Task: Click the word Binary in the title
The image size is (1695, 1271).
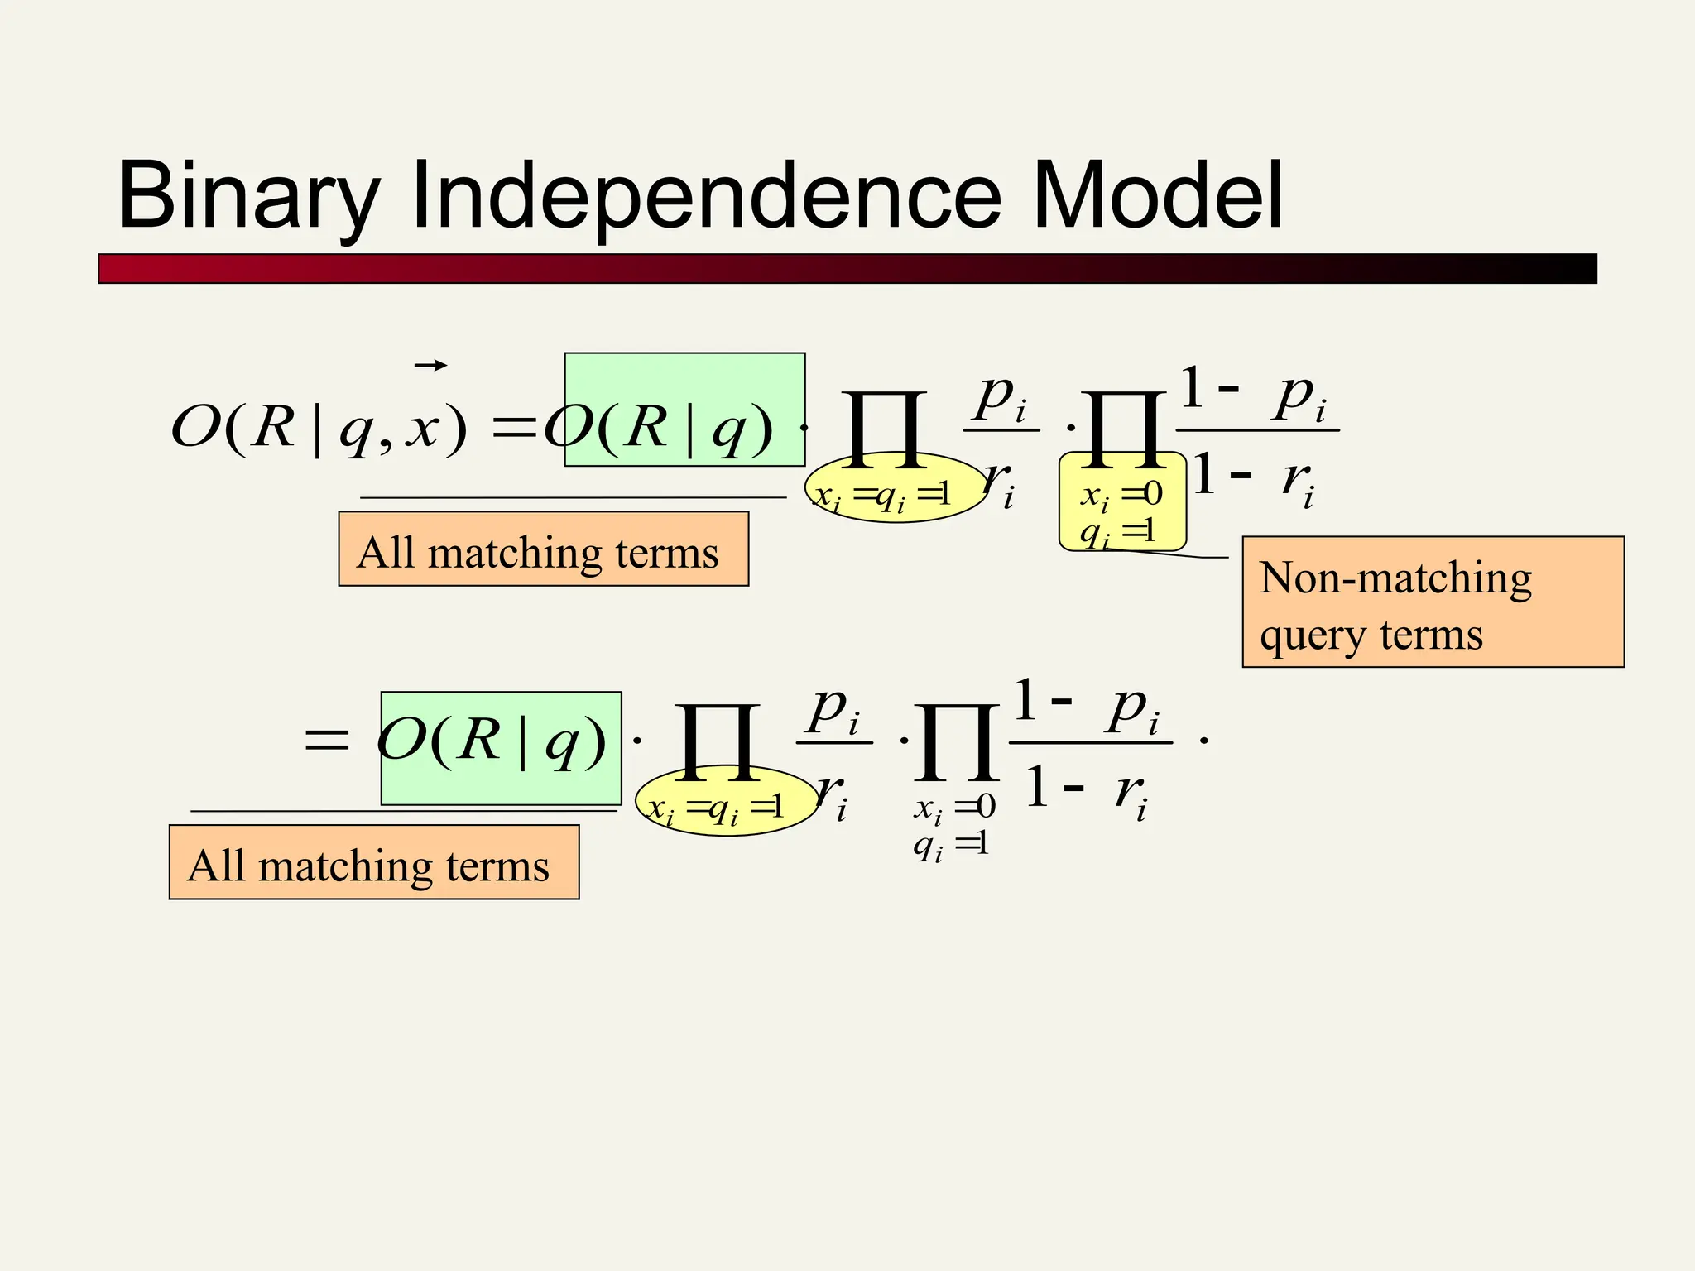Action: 248,197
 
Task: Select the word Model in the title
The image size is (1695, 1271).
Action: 1158,195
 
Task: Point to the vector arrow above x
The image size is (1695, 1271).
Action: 430,365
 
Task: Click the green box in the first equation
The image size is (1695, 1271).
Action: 684,410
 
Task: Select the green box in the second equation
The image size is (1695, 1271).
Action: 501,748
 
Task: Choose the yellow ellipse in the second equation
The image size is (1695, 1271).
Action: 726,802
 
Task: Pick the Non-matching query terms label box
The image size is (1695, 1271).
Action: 1433,602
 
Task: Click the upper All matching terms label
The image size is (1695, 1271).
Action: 543,549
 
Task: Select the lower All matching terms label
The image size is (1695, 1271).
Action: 373,862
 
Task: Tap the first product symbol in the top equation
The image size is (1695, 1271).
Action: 884,429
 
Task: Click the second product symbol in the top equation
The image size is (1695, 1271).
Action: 1123,429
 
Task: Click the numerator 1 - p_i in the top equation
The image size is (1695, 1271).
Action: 1256,394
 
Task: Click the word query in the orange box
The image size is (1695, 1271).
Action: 1313,635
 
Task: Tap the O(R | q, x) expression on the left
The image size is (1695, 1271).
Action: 319,427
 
